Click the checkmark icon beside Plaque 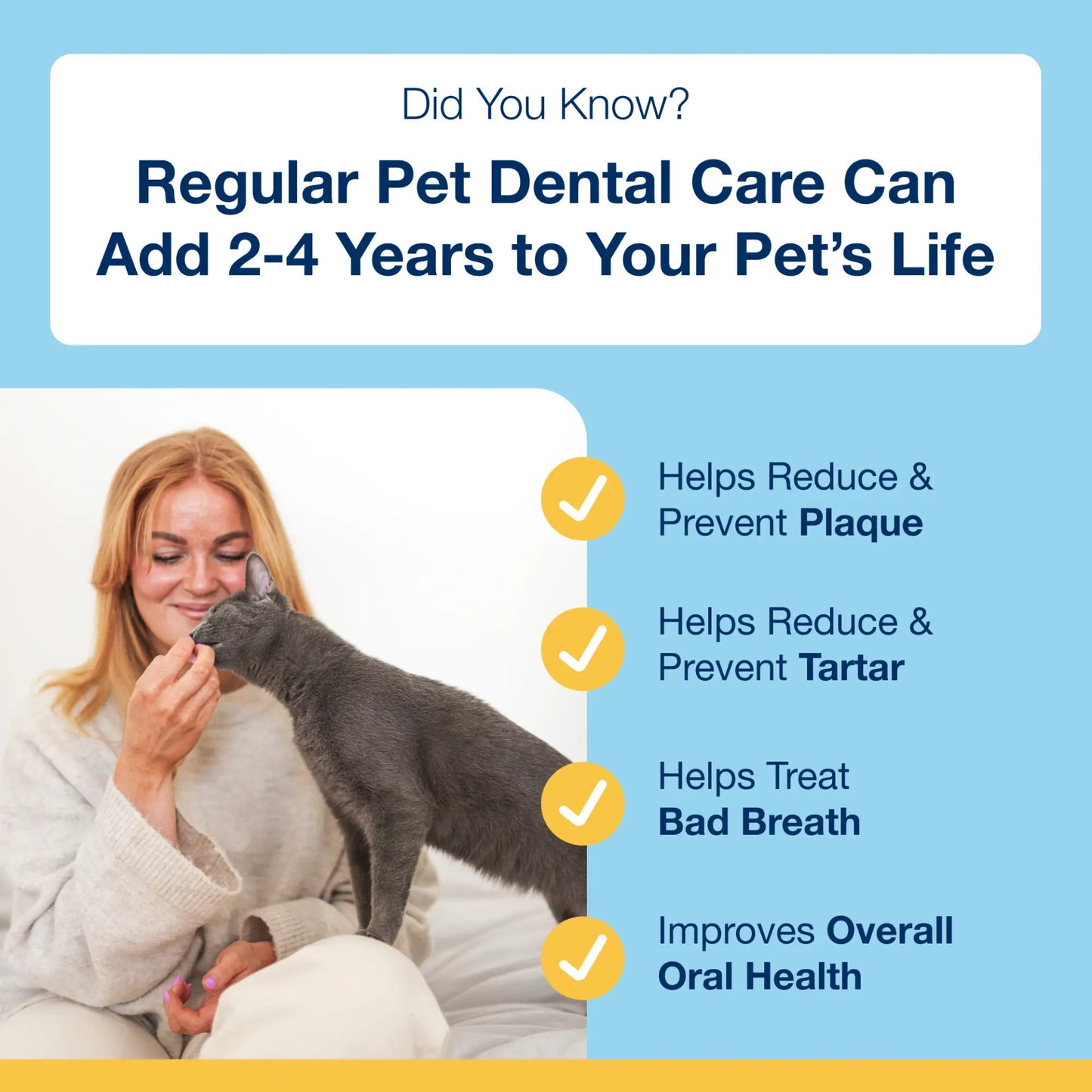583,499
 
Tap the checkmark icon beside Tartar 583,649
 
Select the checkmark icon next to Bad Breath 583,803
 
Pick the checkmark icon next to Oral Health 583,957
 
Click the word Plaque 861,524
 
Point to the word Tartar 851,668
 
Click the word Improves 736,932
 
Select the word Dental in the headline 580,184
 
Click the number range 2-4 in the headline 273,255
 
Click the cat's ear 258,576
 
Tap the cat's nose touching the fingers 197,633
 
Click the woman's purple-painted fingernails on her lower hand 209,983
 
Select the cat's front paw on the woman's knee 375,934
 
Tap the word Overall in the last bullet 889,932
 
